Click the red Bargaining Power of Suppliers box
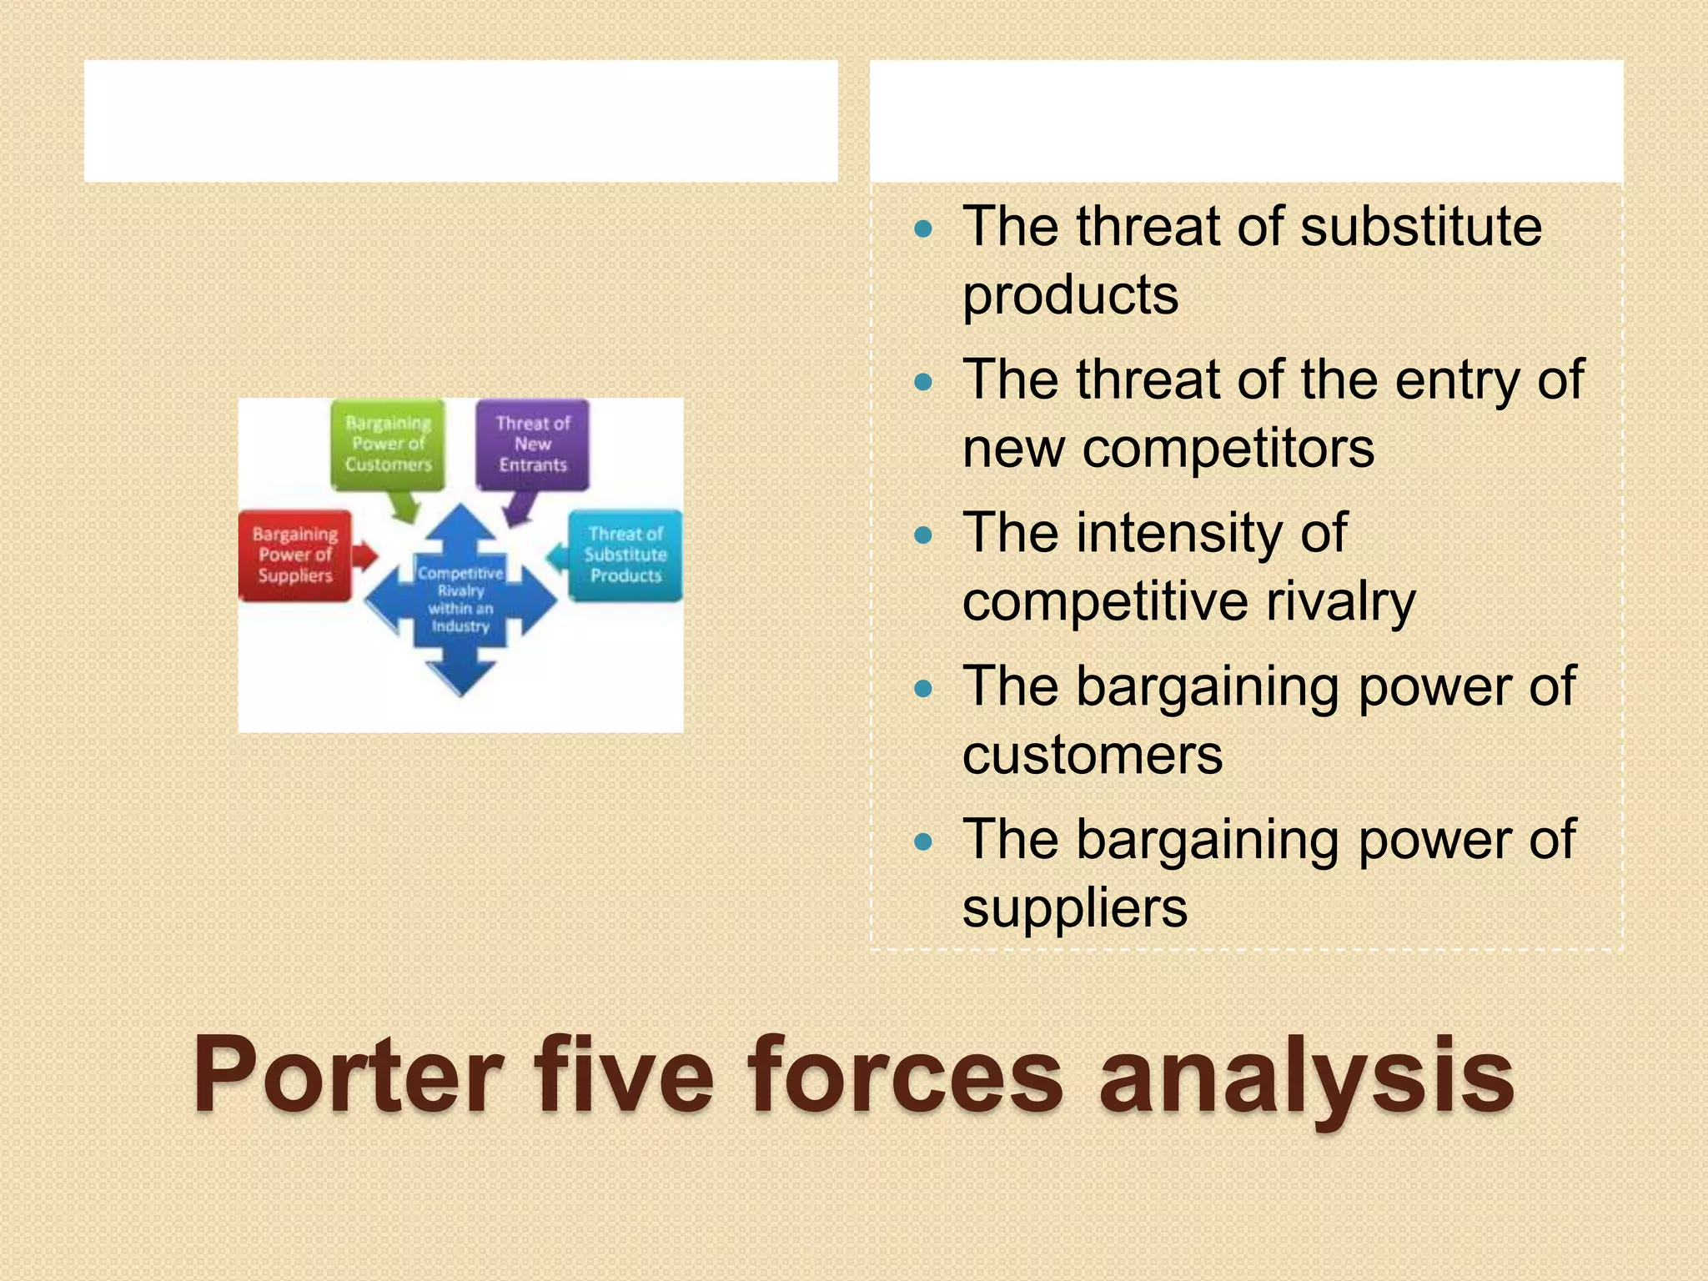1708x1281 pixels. click(294, 555)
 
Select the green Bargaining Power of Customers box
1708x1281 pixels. click(388, 445)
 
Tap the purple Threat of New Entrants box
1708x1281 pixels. click(532, 445)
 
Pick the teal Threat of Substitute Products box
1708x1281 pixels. click(625, 555)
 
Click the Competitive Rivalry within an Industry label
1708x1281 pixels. click(460, 600)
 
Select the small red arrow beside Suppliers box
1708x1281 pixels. click(365, 556)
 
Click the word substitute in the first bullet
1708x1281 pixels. click(1420, 227)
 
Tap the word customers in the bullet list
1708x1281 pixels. click(1093, 756)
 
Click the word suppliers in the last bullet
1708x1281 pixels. click(1074, 909)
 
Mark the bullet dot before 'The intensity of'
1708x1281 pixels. click(922, 535)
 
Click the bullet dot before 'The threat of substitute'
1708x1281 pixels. click(922, 229)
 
